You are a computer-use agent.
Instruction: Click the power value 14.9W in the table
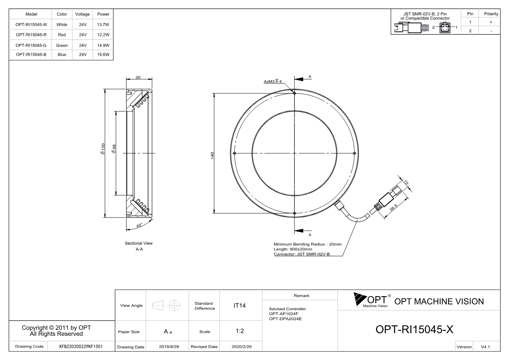(x=103, y=45)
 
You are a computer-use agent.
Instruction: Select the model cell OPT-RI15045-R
(x=31, y=35)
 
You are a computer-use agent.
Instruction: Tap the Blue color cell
(x=62, y=54)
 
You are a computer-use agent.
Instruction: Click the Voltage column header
(x=82, y=14)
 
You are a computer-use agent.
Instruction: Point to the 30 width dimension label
(x=138, y=77)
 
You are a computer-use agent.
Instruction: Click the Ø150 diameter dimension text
(x=103, y=149)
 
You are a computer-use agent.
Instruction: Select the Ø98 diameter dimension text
(x=114, y=149)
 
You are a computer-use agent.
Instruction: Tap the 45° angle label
(x=139, y=225)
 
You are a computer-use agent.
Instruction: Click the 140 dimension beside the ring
(x=212, y=156)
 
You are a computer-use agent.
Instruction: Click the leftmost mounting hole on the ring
(x=234, y=153)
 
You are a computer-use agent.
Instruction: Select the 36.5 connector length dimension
(x=393, y=207)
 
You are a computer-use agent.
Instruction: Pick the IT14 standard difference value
(x=239, y=306)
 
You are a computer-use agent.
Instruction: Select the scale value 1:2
(x=240, y=331)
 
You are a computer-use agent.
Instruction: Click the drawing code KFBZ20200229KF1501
(x=81, y=346)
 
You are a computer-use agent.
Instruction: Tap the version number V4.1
(x=485, y=347)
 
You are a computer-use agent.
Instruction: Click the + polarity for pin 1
(x=491, y=22)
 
